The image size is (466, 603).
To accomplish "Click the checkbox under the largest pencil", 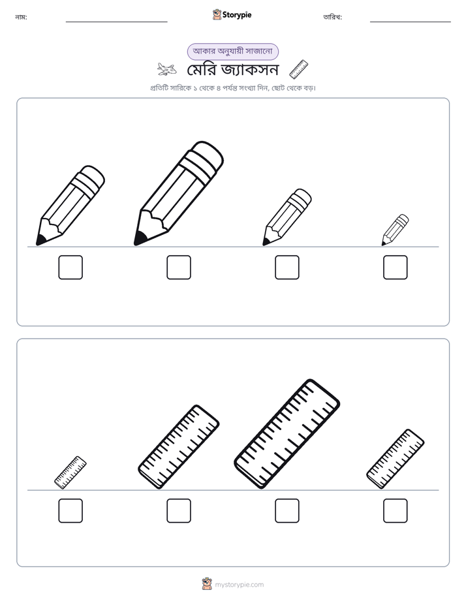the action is [179, 268].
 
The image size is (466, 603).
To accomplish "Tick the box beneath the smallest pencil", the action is [396, 268].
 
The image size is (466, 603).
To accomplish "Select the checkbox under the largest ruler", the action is [287, 511].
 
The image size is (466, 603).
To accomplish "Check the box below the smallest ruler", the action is [70, 511].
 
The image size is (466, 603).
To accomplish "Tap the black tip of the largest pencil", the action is [139, 239].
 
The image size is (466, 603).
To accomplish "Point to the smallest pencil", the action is [395, 230].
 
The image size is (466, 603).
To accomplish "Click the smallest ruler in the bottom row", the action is [70, 472].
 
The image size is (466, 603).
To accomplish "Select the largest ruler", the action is [287, 434].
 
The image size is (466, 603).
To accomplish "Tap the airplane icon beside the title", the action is [167, 69].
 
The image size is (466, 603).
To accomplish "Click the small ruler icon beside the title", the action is [299, 69].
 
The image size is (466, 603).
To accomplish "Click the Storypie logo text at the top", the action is [237, 15].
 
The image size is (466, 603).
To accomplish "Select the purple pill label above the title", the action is [232, 52].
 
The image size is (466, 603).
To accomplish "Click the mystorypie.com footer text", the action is [239, 585].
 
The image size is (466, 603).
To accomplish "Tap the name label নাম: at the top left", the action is [21, 17].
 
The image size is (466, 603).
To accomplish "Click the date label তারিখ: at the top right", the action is [333, 17].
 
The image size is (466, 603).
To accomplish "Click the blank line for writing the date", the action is [411, 22].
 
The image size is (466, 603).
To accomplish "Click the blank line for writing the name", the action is [116, 22].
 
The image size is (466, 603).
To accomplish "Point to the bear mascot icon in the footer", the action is [207, 584].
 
